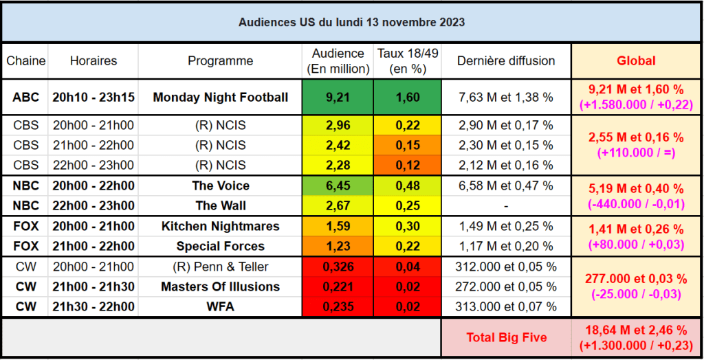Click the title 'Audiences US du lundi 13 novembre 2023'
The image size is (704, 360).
[351, 22]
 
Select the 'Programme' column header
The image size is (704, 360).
[220, 61]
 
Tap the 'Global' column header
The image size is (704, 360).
[636, 61]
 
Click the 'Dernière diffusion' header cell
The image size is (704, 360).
[506, 61]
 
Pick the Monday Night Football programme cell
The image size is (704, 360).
[220, 98]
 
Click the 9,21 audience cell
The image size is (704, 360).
[338, 98]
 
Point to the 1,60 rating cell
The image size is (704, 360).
[408, 98]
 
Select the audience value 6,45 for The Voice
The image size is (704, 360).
[338, 186]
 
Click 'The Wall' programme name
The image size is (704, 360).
[220, 206]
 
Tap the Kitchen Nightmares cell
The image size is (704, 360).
[220, 227]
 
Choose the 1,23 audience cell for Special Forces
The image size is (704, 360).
[338, 247]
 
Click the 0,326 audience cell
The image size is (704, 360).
[338, 267]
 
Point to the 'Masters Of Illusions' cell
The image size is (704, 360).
[220, 286]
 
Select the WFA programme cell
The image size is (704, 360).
[220, 307]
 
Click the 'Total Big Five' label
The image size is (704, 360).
[506, 337]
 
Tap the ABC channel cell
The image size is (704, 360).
[25, 98]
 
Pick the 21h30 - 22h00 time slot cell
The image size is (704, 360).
[93, 307]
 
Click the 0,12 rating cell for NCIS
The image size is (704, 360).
[408, 166]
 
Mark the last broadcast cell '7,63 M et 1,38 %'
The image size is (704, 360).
[506, 98]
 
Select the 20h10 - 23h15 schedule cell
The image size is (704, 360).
[93, 98]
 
